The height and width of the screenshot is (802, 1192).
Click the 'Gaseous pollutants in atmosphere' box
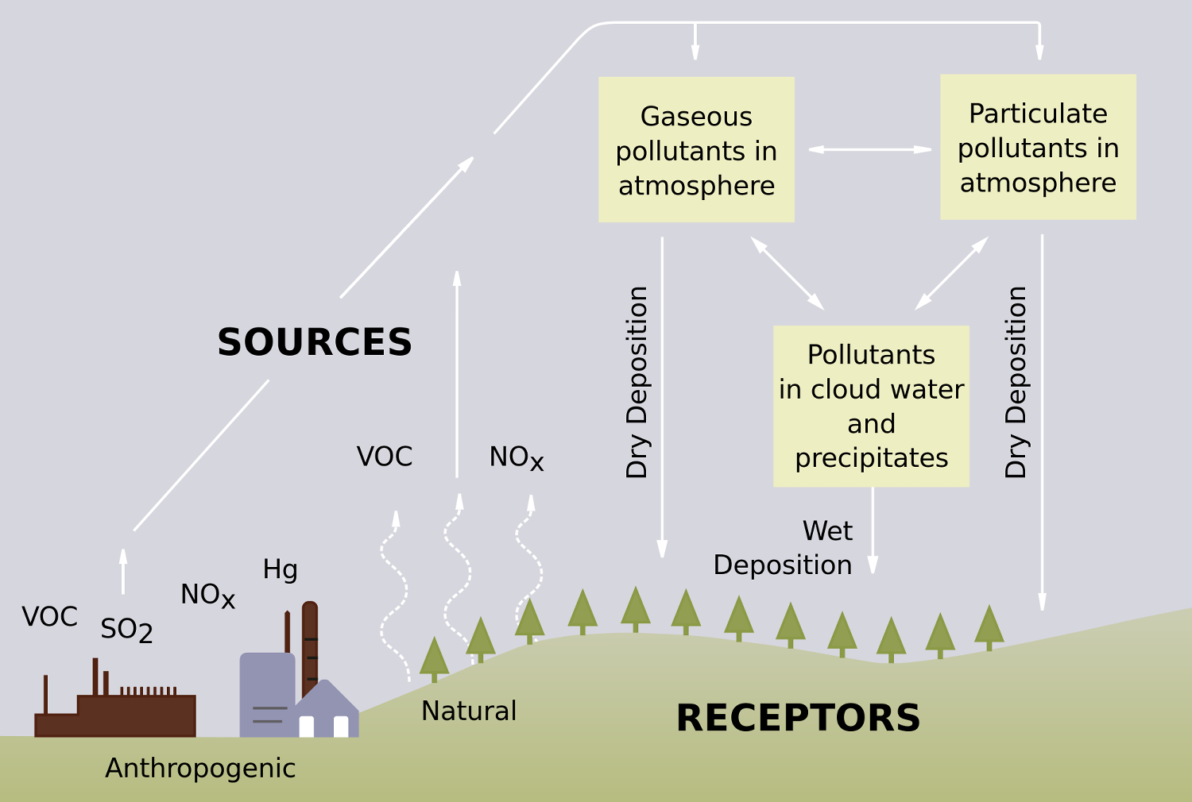696,150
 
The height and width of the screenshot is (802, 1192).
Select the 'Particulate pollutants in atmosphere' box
1038,148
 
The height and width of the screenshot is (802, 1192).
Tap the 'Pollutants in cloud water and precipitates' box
871,406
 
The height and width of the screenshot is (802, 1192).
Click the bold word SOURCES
315,342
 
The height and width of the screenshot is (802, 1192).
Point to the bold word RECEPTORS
798,718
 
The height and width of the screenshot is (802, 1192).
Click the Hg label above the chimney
280,569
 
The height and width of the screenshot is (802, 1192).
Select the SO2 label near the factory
126,630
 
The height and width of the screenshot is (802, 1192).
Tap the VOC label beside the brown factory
49,617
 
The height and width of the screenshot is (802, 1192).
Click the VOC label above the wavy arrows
385,457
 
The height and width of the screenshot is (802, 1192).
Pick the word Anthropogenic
200,768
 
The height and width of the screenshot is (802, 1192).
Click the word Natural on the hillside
469,711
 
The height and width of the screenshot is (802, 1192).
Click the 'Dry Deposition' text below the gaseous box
637,382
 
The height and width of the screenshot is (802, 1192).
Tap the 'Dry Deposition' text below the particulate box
1016,382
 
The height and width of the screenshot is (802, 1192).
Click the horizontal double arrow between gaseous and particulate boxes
869,149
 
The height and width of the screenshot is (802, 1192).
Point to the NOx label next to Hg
207,595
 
